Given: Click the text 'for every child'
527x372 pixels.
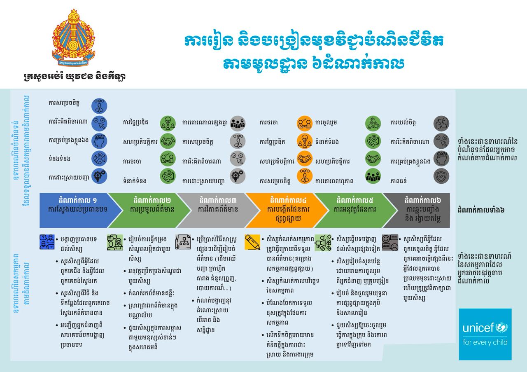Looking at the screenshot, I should [485, 342].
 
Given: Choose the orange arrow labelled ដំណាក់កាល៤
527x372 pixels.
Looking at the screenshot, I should [288, 210].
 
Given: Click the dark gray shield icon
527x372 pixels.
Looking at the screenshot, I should [441, 176].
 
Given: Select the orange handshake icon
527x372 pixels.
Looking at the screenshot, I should [304, 158].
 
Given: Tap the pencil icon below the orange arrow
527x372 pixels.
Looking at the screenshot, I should [252, 242].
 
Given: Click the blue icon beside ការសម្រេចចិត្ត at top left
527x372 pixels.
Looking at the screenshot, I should [99, 105].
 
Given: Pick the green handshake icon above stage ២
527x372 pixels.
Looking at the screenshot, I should [168, 140].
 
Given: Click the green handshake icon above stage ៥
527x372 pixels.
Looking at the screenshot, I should [373, 158].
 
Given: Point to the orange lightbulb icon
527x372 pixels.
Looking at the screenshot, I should [304, 140].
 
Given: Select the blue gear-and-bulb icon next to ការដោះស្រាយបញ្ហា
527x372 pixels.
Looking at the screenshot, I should [99, 175].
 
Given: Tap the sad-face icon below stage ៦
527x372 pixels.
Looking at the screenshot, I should [389, 242].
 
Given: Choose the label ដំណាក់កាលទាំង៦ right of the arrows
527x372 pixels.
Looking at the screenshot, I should [481, 211].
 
